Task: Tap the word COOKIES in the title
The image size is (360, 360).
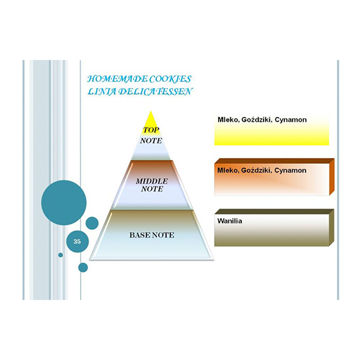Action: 173,78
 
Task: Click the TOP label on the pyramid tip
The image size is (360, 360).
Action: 151,130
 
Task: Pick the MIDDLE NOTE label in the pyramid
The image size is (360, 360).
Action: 151,185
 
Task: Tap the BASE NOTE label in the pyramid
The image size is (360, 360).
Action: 151,235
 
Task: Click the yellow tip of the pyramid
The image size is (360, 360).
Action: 151,119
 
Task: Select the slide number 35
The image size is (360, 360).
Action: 77,242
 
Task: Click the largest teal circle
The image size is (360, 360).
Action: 63,202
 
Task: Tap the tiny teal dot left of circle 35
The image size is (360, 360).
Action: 61,254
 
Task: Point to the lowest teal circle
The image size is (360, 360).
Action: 83,267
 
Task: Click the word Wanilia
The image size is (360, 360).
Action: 229,220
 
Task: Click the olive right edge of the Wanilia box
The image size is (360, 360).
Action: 332,228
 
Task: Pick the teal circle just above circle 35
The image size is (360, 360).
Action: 92,223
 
